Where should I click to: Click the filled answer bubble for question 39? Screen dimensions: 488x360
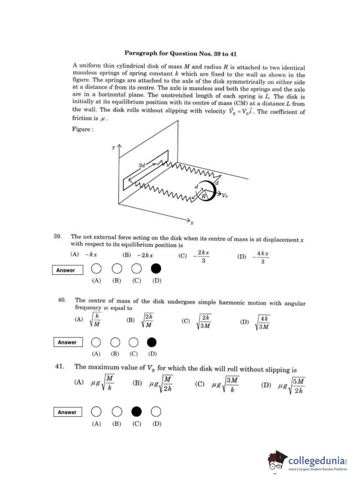pyautogui.click(x=156, y=268)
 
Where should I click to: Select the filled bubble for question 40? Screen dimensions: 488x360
pyautogui.click(x=152, y=342)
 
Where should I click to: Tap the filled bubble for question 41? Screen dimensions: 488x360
pyautogui.click(x=136, y=411)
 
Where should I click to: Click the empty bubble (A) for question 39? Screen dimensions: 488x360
pyautogui.click(x=96, y=268)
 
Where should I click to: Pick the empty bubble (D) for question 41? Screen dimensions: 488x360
pyautogui.click(x=156, y=411)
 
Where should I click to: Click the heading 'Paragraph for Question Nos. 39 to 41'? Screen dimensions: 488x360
pyautogui.click(x=181, y=54)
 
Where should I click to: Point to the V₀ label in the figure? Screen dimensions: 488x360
pyautogui.click(x=224, y=196)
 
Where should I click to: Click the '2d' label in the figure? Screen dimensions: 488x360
pyautogui.click(x=142, y=165)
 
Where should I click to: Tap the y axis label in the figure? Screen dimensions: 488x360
pyautogui.click(x=113, y=147)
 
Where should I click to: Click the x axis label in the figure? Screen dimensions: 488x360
pyautogui.click(x=192, y=223)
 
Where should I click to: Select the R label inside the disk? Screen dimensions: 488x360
pyautogui.click(x=203, y=196)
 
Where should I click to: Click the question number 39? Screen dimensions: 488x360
pyautogui.click(x=58, y=236)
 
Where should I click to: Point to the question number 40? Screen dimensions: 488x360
pyautogui.click(x=62, y=300)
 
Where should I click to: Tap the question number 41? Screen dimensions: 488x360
pyautogui.click(x=60, y=366)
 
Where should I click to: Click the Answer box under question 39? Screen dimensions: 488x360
pyautogui.click(x=67, y=270)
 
